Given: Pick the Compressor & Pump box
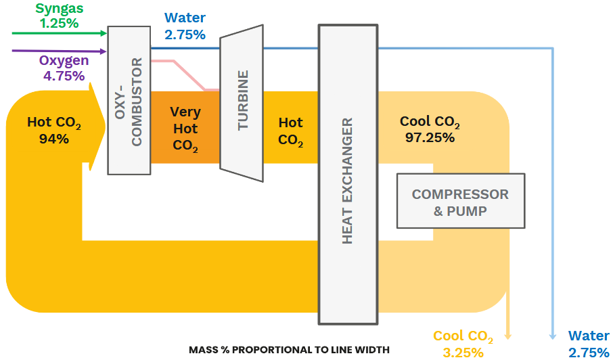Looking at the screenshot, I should (x=460, y=202).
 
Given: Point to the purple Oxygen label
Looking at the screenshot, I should (x=64, y=61).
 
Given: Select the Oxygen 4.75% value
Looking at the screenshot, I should (x=64, y=76).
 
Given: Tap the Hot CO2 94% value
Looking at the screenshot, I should (x=54, y=139).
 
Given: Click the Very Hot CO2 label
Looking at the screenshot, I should (x=185, y=129).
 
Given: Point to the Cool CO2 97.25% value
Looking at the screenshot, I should (x=430, y=137).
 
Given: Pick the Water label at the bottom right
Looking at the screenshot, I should (x=589, y=336).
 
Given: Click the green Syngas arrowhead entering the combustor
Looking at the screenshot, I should (x=103, y=32).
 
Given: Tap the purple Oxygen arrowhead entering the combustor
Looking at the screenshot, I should (x=103, y=51).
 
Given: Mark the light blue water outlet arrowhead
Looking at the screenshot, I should (x=553, y=335).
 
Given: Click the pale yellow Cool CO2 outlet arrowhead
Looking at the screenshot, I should (x=508, y=333).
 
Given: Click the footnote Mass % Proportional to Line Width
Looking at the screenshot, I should (x=289, y=350).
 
